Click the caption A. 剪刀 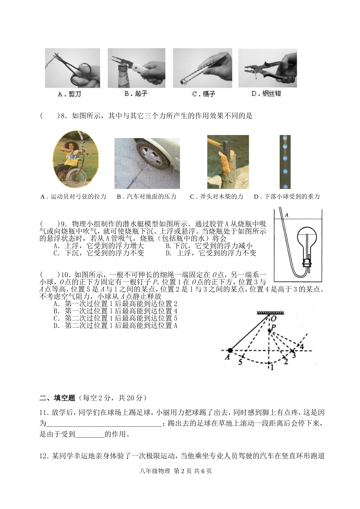(69, 94)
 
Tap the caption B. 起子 (136, 94)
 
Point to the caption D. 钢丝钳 (266, 94)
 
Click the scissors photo (72, 68)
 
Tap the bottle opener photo (136, 68)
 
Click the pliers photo (268, 68)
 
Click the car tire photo (147, 163)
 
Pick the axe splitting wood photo (228, 162)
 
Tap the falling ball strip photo (285, 162)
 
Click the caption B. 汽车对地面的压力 (147, 196)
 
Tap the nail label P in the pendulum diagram (273, 327)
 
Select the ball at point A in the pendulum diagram (230, 351)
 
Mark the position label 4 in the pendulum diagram (302, 346)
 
